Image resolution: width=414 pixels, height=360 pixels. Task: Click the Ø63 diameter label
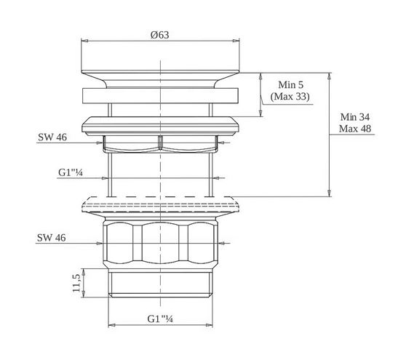coord(160,35)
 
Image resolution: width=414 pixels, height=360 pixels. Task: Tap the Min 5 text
coord(291,84)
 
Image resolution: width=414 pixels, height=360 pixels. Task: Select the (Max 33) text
coord(290,96)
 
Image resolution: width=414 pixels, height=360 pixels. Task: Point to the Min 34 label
coord(355,116)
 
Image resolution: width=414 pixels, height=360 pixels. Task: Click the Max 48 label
coord(355,129)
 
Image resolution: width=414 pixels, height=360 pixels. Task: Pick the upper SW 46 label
coord(52,137)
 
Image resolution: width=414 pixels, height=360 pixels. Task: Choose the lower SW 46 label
coord(51,238)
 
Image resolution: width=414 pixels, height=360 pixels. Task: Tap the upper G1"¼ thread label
coord(71,172)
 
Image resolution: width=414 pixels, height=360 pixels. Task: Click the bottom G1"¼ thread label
coord(160,319)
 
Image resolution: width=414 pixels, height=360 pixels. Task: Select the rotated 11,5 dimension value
coord(76,283)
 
